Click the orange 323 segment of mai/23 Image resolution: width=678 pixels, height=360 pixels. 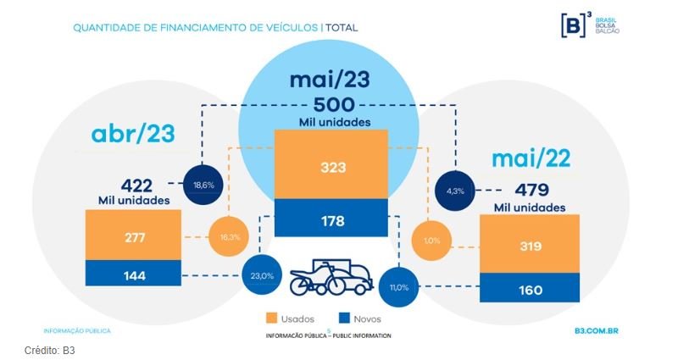(332, 167)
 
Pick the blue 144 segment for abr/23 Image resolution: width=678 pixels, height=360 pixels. (134, 274)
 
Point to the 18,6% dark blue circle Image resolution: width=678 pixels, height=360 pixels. (203, 182)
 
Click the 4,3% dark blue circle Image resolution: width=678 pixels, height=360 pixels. (456, 191)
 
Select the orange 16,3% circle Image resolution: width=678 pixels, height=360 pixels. (229, 237)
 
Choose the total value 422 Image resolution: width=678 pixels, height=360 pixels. (136, 184)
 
